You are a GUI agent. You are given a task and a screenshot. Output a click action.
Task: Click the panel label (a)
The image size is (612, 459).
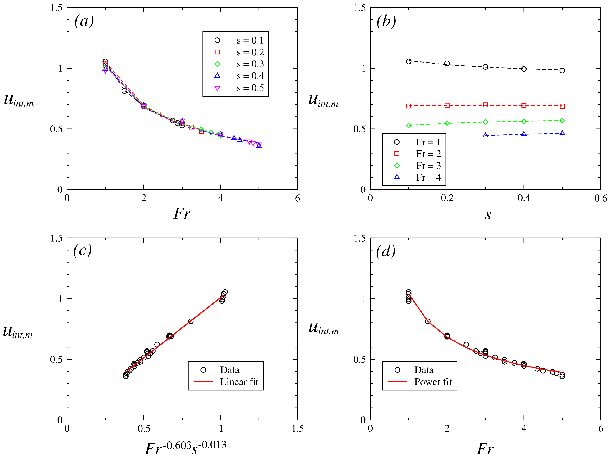coord(84,21)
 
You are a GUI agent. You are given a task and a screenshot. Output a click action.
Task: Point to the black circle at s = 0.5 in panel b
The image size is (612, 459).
coord(562,71)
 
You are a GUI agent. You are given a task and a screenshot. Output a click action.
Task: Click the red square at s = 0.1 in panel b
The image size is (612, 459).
coord(409,106)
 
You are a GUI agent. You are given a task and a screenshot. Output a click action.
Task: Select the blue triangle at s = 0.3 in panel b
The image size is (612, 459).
coord(485,135)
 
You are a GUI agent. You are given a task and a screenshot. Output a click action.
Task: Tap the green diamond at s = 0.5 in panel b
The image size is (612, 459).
coord(562,121)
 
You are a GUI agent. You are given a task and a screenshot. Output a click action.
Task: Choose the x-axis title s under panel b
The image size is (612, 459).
coord(488,214)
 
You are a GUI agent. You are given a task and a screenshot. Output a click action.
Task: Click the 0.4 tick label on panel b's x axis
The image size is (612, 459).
coord(523,198)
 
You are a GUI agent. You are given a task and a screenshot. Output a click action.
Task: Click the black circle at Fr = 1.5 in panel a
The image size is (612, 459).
coord(125,91)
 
